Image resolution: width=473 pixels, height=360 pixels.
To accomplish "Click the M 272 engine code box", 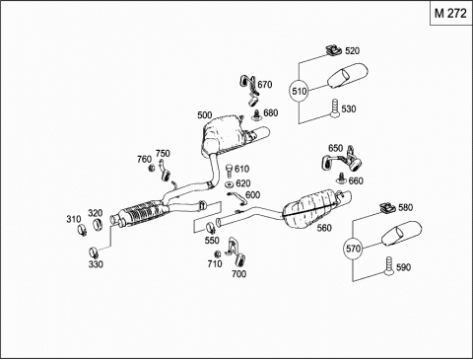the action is click(451, 13).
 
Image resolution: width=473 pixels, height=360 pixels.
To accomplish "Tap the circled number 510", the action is click(299, 91).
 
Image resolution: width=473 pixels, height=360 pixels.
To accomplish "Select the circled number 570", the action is click(353, 249).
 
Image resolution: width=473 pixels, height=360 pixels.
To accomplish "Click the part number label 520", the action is click(352, 51).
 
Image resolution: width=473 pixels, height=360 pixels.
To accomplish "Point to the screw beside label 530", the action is click(334, 108).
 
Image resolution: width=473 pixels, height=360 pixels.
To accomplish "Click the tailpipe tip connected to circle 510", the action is click(348, 76).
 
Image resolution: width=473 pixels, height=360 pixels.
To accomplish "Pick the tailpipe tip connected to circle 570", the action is click(401, 233).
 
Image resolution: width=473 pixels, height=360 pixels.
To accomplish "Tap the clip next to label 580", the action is click(387, 208).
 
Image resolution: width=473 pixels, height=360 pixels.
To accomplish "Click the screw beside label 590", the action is click(389, 266).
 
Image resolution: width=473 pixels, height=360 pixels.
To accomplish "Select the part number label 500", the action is click(205, 115).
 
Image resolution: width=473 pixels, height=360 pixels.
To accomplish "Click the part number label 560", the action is click(324, 228).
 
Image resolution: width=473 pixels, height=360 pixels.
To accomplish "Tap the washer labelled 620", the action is click(230, 184).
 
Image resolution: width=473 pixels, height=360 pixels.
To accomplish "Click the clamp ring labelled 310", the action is click(82, 229).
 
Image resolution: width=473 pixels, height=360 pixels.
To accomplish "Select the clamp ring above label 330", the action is click(95, 252).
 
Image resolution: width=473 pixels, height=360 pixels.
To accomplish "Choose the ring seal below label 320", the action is click(98, 225).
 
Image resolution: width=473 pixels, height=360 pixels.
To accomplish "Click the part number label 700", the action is click(238, 273).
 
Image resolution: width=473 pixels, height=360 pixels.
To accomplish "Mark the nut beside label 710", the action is click(217, 254).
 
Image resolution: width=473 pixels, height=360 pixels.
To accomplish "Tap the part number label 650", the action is click(335, 148).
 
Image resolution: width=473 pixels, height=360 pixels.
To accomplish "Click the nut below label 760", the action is click(152, 168).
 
